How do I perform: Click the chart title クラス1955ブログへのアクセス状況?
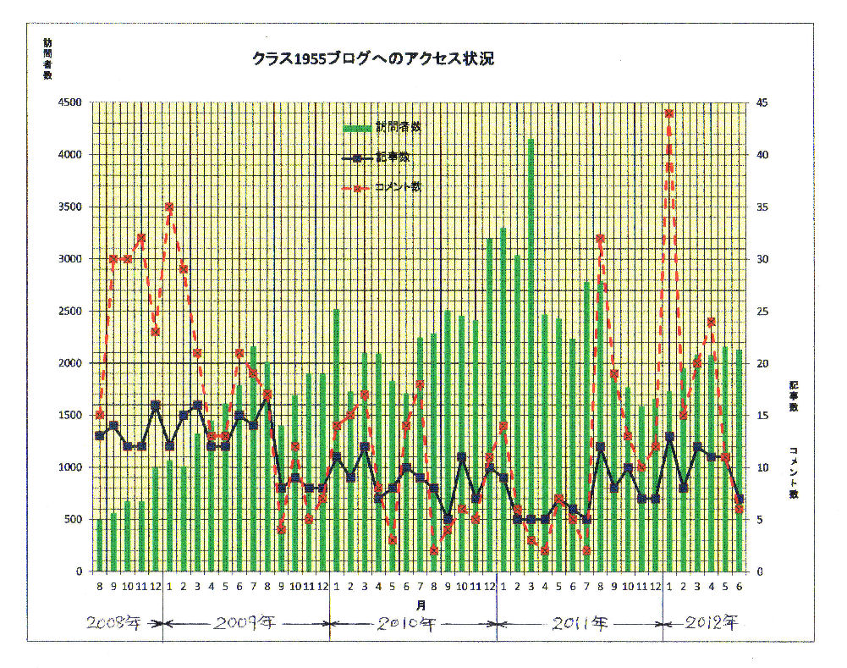(x=372, y=60)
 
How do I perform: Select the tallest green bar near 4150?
(x=531, y=356)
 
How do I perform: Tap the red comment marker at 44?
(x=669, y=113)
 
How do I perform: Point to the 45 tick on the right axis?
(x=763, y=102)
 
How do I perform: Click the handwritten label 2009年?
(x=246, y=625)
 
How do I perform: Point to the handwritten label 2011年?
(x=580, y=625)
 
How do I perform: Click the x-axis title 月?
(x=421, y=605)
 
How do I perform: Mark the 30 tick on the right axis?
(x=763, y=259)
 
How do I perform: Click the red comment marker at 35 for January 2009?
(x=169, y=207)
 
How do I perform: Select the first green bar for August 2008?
(x=100, y=545)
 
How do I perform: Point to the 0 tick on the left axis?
(x=77, y=571)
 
